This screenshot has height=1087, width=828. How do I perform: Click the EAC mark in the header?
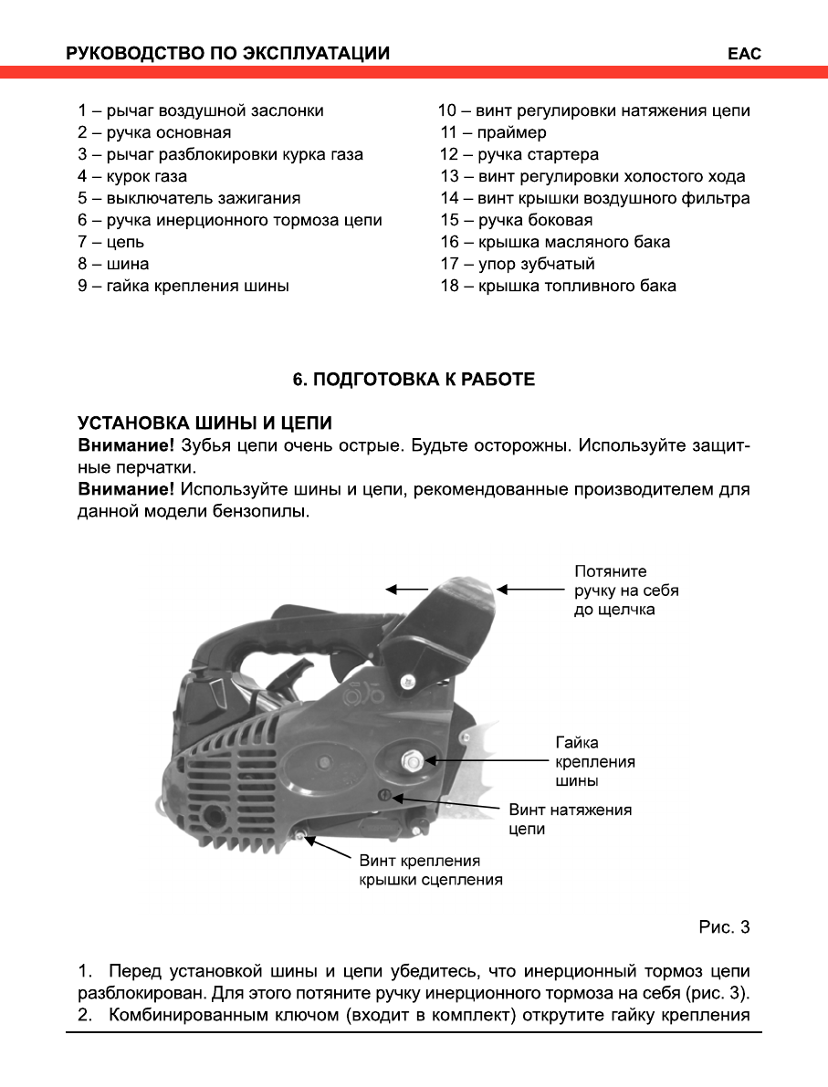coord(744,54)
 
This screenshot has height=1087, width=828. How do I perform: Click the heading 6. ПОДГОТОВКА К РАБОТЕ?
coord(414,380)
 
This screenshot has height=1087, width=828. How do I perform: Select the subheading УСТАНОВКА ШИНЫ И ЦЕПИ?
coord(204,424)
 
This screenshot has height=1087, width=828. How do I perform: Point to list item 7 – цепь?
coord(110,243)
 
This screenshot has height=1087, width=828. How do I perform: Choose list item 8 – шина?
coord(113,265)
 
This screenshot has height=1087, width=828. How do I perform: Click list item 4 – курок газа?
coord(132,177)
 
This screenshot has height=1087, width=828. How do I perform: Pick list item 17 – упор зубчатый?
coord(518,265)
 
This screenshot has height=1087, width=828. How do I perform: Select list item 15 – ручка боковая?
coord(516,221)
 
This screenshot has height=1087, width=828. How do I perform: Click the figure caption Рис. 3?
coord(724,928)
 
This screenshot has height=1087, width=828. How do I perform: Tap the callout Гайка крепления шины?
coord(595,762)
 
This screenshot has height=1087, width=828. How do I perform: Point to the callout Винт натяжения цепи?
coord(570,819)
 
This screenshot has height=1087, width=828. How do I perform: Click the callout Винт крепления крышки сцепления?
coord(430,871)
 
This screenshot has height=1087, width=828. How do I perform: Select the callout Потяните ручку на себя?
coord(626,590)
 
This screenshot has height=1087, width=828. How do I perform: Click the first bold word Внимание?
coord(126,446)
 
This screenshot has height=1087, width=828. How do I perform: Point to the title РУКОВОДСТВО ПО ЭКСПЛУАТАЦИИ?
coord(227,54)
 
